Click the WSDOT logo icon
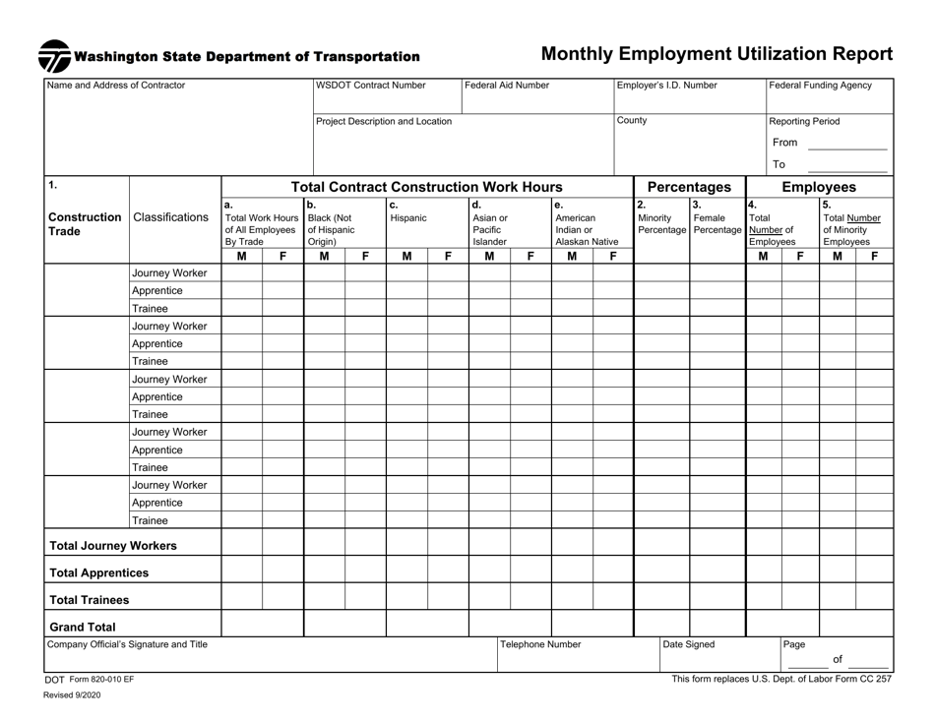click(54, 56)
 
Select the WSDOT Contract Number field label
click(371, 86)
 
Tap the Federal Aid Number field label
click(507, 86)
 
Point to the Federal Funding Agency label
click(821, 86)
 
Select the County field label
click(632, 121)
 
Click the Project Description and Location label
click(384, 122)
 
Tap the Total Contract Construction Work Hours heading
click(427, 187)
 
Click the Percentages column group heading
click(688, 187)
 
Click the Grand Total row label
click(78, 626)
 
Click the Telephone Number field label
click(541, 645)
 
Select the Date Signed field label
click(689, 645)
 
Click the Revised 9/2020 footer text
click(72, 694)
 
